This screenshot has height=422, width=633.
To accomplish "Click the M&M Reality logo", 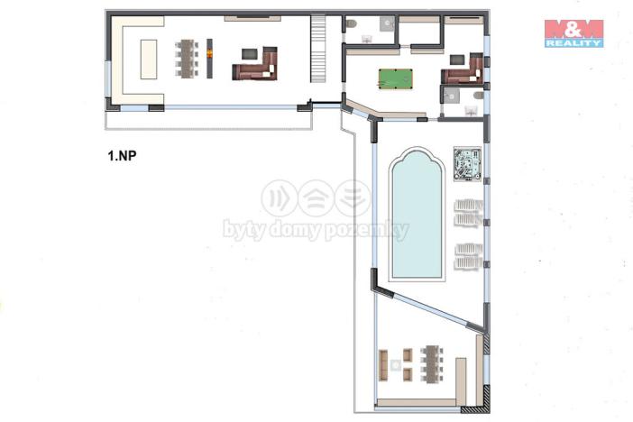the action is (573, 33).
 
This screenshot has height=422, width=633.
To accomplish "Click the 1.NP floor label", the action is (123, 156).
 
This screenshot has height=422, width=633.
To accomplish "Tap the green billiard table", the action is (395, 78).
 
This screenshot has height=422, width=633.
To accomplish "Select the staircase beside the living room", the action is (318, 49).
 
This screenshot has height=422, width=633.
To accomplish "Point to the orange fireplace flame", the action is (209, 53).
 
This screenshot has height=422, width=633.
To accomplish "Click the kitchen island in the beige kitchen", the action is (149, 60).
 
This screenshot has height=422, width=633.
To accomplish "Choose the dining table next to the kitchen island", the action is (187, 59).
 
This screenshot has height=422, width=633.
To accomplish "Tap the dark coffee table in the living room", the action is (249, 54).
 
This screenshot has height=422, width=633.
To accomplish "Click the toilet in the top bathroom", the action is (352, 23).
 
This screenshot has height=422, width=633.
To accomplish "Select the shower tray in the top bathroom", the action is (388, 23).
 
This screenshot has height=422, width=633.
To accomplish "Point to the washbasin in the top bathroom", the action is (367, 39).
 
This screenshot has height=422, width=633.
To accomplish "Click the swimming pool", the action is (417, 215).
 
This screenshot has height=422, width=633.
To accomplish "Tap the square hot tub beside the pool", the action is (467, 164).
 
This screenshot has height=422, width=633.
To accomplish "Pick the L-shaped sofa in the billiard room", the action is (463, 69).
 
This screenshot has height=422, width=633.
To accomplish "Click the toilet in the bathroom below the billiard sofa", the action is (479, 96).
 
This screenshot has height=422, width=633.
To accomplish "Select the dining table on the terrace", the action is (432, 363).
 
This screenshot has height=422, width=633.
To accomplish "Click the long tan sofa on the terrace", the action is (383, 365).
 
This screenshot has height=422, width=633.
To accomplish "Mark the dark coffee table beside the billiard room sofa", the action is (457, 60).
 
